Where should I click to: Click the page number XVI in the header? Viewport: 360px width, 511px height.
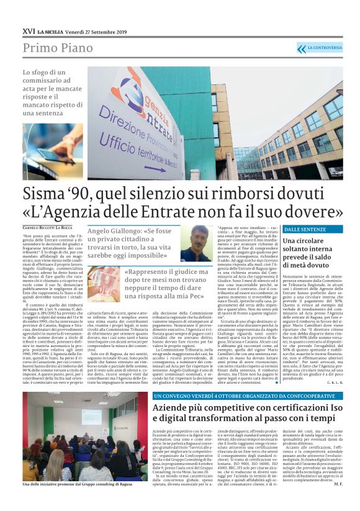click(29, 30)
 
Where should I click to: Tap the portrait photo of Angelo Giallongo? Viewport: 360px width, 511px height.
click(196, 243)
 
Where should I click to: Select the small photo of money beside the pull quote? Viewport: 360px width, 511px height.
click(104, 284)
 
